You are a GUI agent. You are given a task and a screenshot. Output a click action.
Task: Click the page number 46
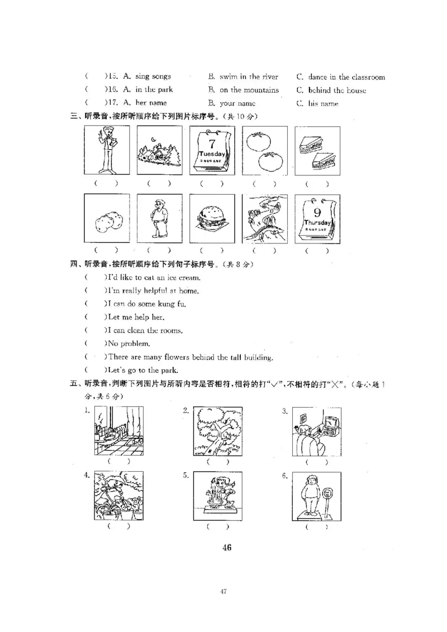tap(226, 547)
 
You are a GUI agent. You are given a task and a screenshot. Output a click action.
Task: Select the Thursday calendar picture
tap(317, 219)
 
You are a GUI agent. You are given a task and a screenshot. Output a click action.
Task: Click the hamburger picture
tap(212, 219)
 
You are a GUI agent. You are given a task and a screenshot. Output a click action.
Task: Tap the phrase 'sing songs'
tap(153, 76)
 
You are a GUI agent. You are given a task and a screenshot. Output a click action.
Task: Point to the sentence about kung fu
tap(147, 304)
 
